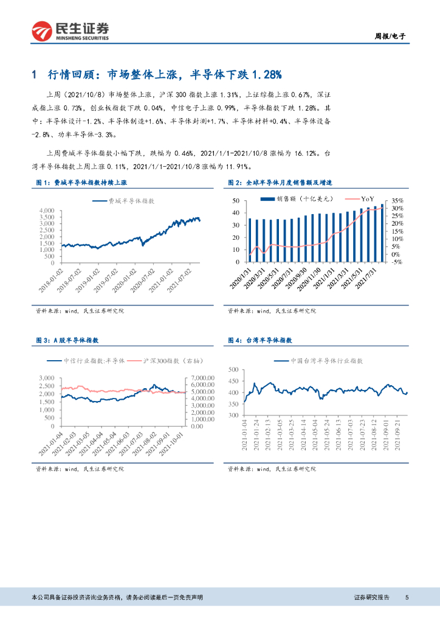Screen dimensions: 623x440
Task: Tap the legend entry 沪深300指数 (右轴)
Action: pyautogui.click(x=165, y=361)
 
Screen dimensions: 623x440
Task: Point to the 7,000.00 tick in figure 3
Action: pyautogui.click(x=201, y=377)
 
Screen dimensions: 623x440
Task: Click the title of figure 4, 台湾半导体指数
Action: pyautogui.click(x=264, y=340)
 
